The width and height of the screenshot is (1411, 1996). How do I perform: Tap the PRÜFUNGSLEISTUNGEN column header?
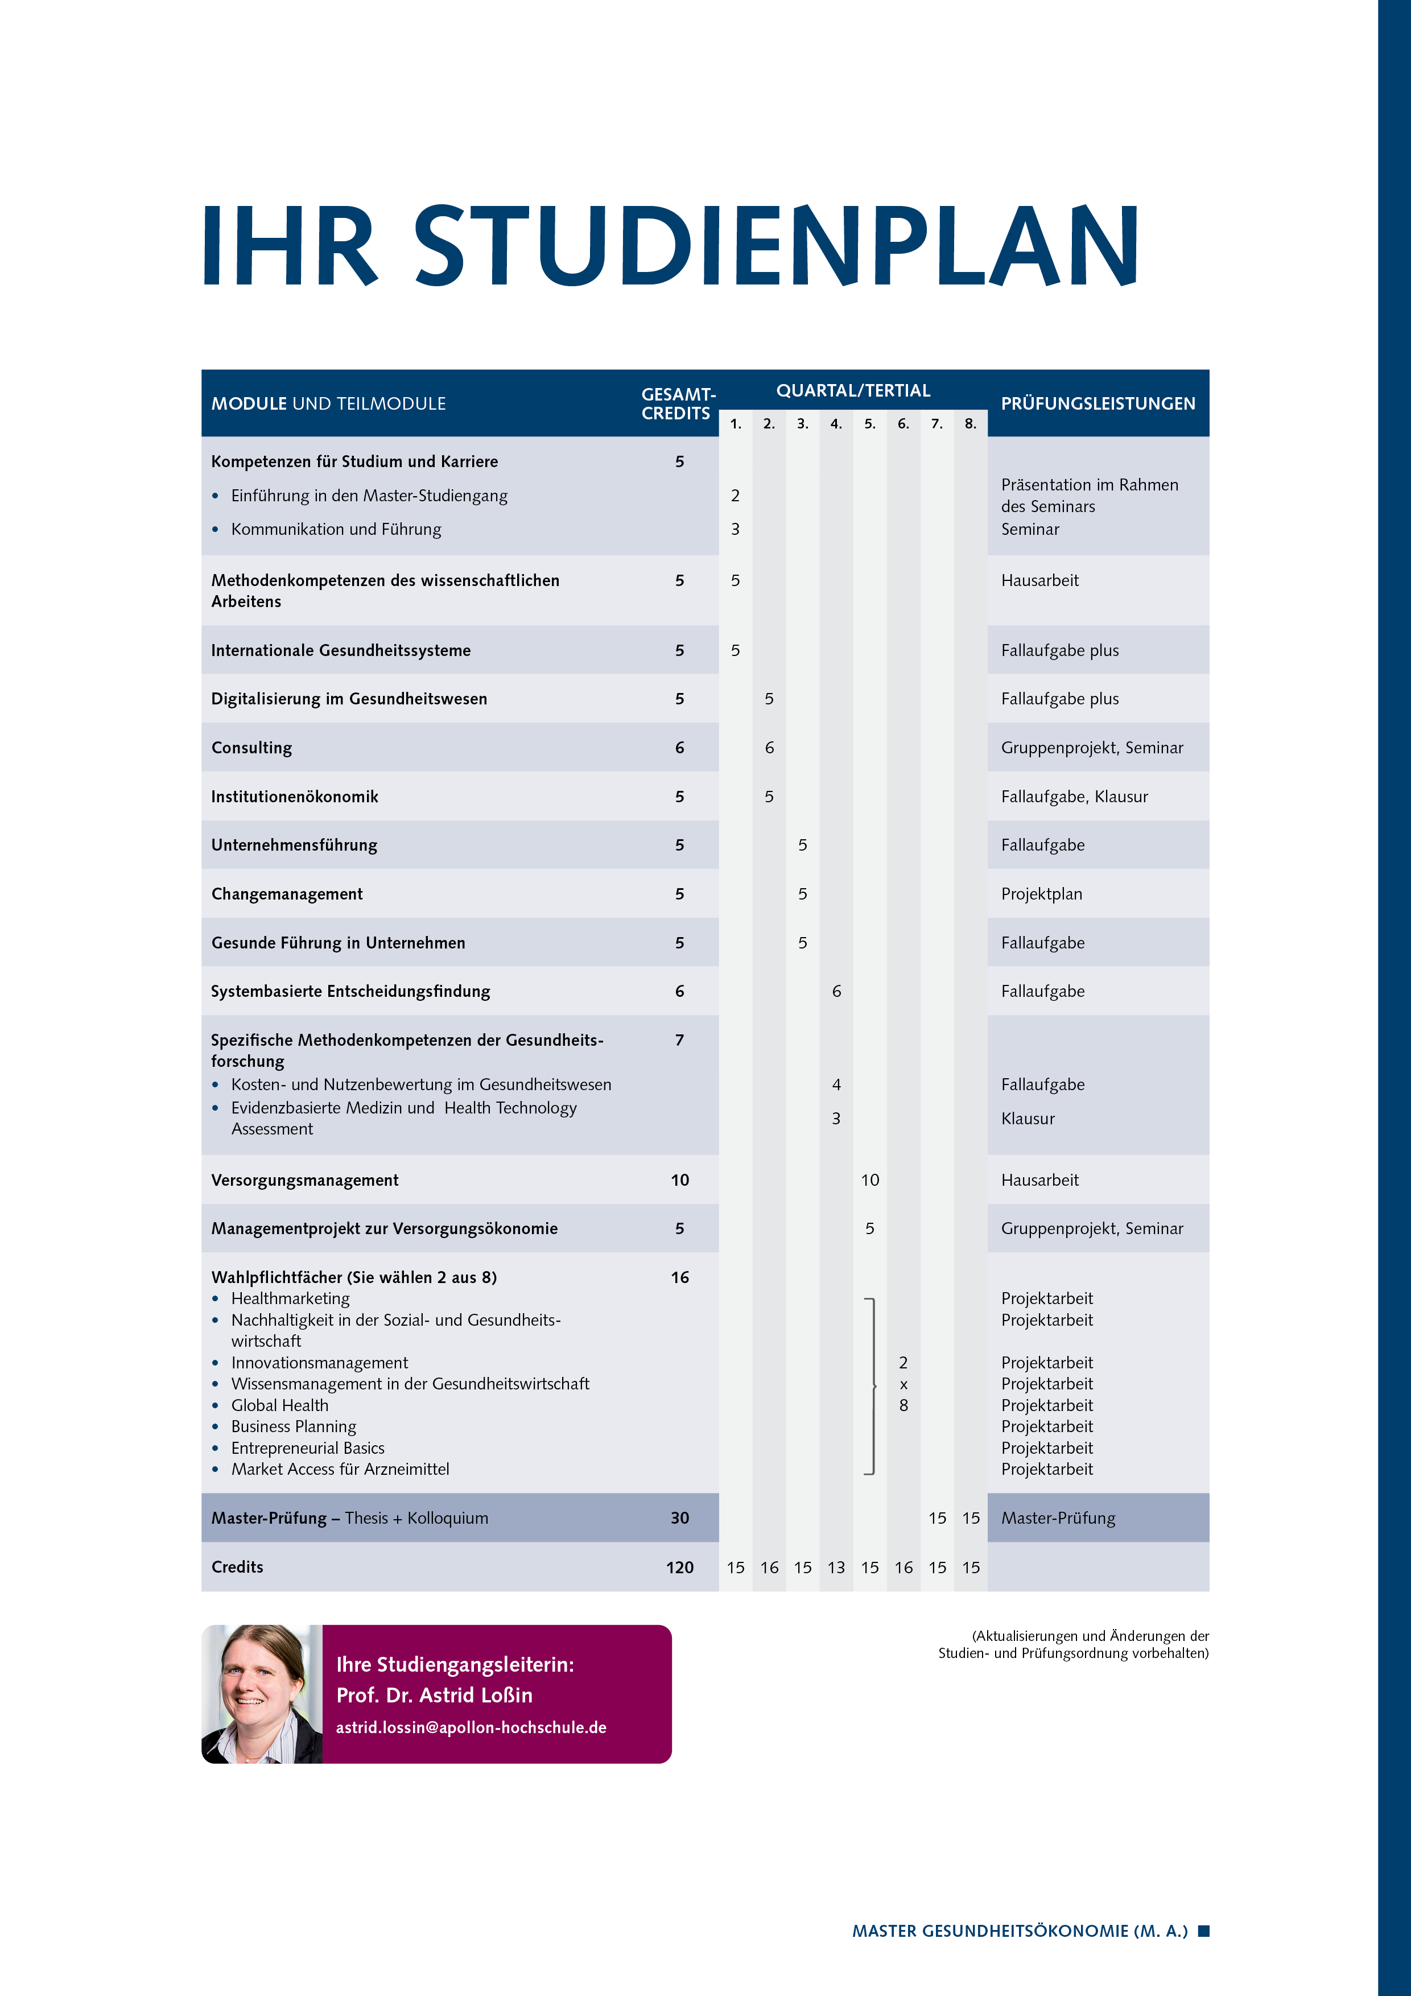click(1097, 403)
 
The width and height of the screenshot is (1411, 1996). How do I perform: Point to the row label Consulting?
click(251, 748)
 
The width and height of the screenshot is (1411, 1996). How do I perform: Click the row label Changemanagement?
click(287, 894)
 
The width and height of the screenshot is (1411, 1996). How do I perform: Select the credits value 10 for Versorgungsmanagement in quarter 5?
click(869, 1180)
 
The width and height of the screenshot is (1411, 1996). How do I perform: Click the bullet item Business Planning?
click(293, 1426)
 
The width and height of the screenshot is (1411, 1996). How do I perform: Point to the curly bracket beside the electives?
click(870, 1385)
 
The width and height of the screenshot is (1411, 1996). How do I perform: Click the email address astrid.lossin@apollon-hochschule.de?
click(471, 1727)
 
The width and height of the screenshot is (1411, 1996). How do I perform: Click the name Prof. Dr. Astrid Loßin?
click(434, 1695)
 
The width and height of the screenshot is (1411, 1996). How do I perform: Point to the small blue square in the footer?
click(1203, 1931)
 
